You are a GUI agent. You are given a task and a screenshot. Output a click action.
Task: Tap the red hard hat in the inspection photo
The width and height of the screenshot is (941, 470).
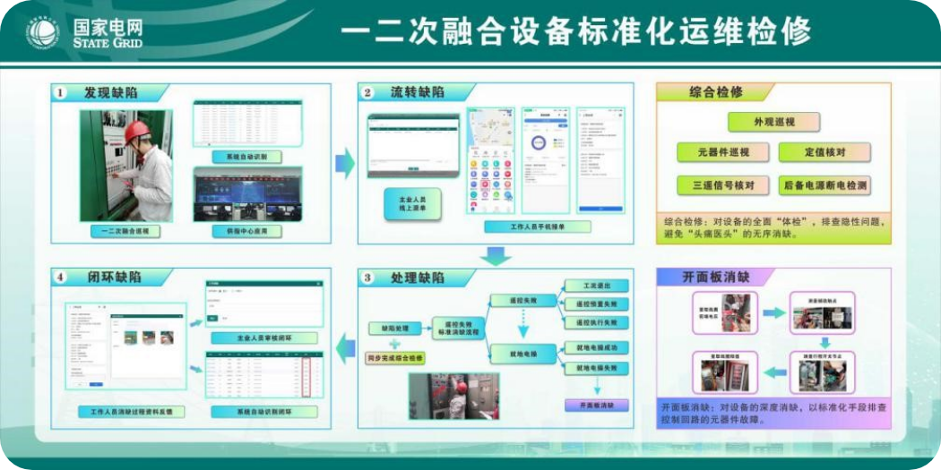pos(137,132)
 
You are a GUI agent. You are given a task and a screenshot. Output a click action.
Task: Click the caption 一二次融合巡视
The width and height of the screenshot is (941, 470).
pos(125,231)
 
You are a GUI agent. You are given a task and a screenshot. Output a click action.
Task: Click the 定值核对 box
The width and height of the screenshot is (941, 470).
pos(825,152)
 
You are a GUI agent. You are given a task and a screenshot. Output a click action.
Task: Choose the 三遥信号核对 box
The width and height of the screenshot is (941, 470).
pos(722,185)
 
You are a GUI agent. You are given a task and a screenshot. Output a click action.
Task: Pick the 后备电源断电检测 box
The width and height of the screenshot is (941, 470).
pos(825,185)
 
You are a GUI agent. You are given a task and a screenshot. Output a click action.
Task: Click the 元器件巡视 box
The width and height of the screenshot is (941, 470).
pos(722,152)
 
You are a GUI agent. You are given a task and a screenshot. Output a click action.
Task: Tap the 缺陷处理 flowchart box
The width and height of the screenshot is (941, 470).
pos(388,329)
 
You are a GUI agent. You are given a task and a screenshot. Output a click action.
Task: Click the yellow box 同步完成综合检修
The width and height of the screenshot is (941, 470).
pos(395,358)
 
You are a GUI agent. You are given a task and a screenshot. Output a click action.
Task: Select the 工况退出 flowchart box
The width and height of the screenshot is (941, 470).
pos(596,286)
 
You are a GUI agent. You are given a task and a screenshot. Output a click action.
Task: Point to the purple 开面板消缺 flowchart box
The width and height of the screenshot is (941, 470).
pos(596,406)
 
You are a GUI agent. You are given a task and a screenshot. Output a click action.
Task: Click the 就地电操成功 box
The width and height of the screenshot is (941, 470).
pos(596,347)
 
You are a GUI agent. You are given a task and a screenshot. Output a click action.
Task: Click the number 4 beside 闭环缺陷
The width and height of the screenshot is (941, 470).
pos(61,277)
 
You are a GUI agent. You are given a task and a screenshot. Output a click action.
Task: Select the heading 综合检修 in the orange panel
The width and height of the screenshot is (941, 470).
pos(716,92)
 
